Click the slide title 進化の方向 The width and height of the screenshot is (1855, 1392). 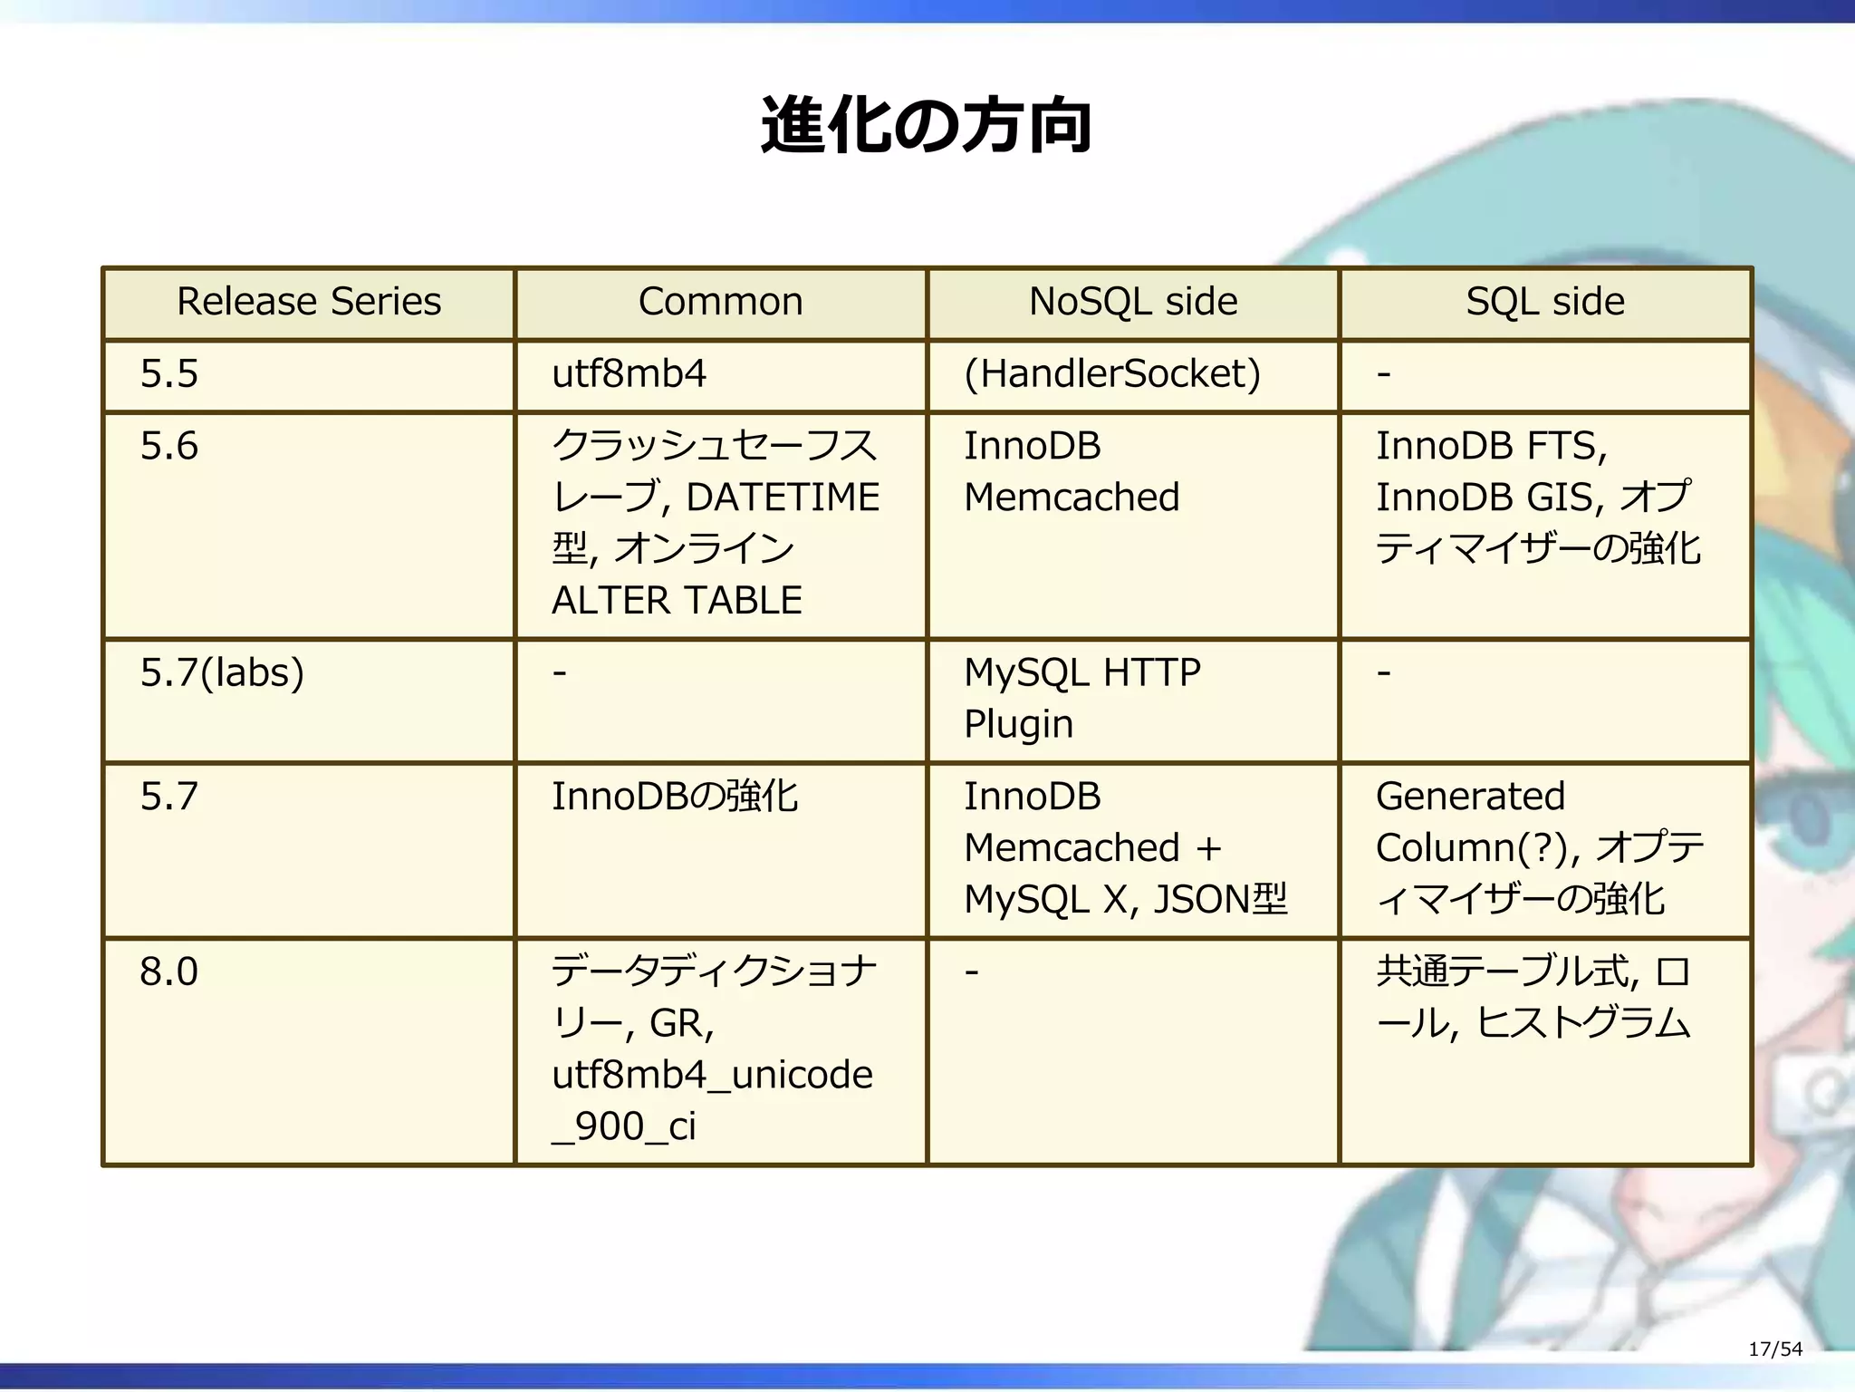coord(927,126)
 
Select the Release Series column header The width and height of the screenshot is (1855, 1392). coord(309,302)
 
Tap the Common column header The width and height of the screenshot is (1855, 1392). coord(720,302)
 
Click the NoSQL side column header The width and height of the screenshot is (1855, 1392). coord(1132,302)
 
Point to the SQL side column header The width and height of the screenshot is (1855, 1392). coord(1544,302)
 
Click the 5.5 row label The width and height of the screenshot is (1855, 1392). coord(169,374)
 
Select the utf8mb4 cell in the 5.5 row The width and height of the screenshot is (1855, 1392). coord(629,374)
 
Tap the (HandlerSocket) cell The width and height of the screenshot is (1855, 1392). coord(1111,374)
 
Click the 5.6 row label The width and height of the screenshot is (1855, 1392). coord(169,447)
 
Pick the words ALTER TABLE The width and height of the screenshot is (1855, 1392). coord(677,601)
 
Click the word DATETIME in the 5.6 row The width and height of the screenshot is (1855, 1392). coord(783,498)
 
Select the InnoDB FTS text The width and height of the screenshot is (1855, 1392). coord(1490,447)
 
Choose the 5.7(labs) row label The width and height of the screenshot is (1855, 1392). coord(222,673)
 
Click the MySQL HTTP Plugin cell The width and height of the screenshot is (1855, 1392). coord(1081,698)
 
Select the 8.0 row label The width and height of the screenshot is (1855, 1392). coord(169,972)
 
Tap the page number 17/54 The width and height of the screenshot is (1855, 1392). coord(1774,1349)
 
